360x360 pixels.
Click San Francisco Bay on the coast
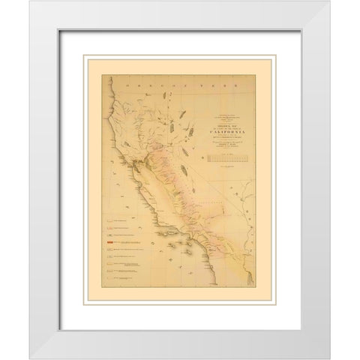(136, 160)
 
